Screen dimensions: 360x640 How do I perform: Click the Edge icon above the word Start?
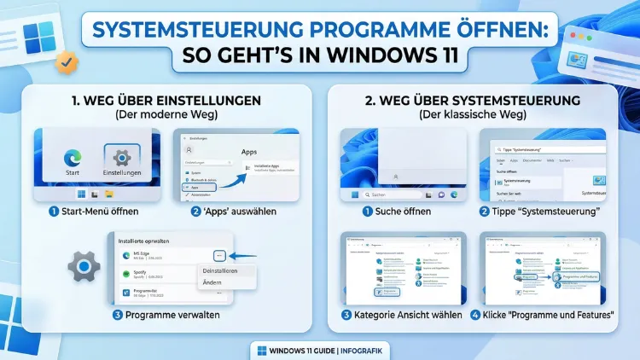click(72, 159)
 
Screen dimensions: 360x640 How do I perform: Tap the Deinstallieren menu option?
click(220, 270)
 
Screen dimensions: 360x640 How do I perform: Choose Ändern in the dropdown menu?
click(212, 282)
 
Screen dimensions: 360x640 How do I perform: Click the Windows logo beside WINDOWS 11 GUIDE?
click(261, 350)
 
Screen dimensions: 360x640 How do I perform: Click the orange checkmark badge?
click(65, 61)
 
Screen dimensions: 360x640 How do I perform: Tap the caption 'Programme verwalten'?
click(170, 315)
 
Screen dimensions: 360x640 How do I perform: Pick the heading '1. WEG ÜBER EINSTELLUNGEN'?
click(166, 100)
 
